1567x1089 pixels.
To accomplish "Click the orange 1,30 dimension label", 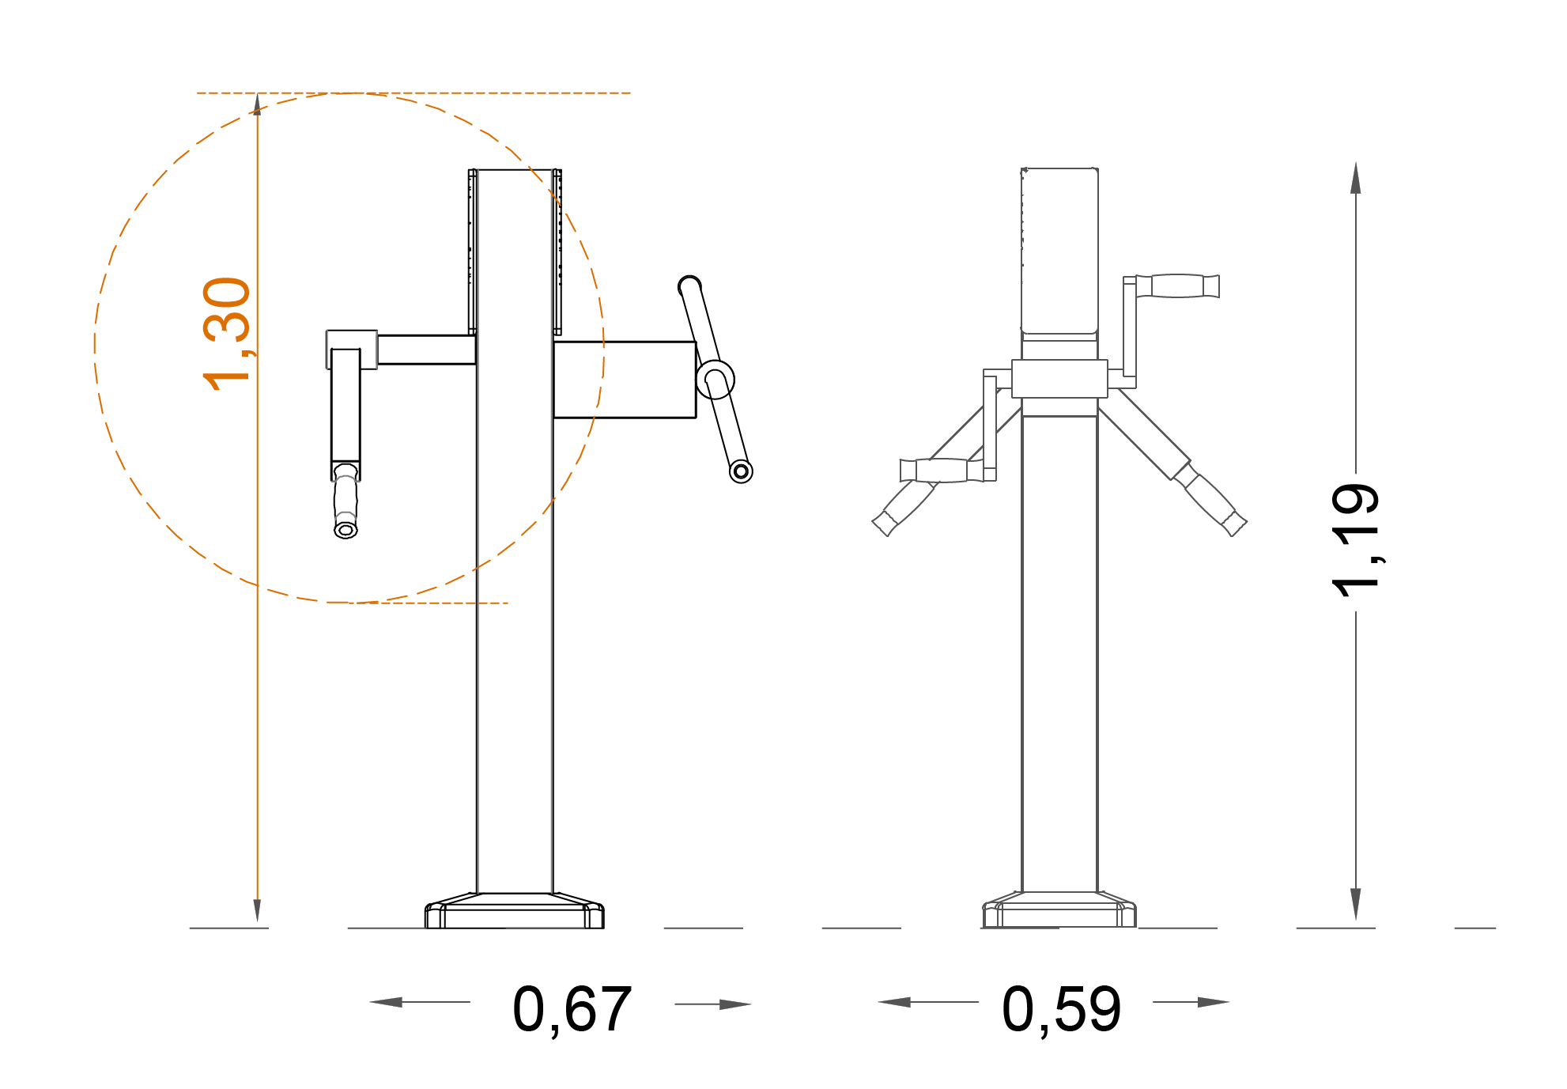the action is click(227, 334).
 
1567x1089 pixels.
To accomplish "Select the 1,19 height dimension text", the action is click(1357, 540).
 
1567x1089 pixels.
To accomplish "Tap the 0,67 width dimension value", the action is click(572, 1009).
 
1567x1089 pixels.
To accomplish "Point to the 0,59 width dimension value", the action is click(1062, 1009).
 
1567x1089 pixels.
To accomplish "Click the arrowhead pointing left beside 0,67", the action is click(386, 1002).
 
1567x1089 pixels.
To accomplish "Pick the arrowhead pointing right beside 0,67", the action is click(735, 1004).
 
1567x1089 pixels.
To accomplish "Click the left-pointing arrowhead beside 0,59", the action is click(894, 1002).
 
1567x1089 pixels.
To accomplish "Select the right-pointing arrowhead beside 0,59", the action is click(1214, 1002).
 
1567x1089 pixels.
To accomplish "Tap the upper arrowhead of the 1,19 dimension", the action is click(1356, 178).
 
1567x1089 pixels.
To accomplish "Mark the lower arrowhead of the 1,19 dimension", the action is click(1356, 904).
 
